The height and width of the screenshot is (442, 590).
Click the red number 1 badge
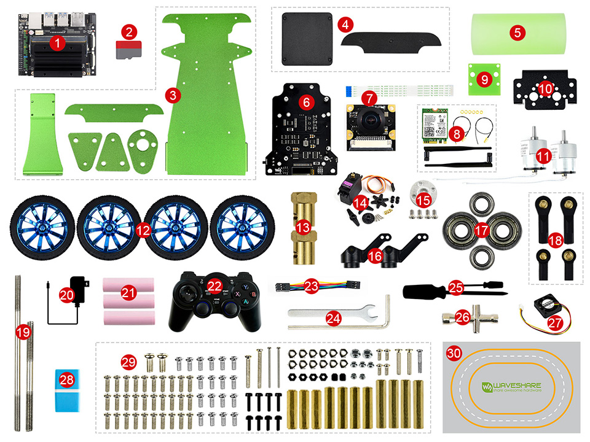[x=57, y=43]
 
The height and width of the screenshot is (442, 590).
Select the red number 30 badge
[x=454, y=354]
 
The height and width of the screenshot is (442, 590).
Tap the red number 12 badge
[x=143, y=230]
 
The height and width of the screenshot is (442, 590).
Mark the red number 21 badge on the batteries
[x=128, y=293]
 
